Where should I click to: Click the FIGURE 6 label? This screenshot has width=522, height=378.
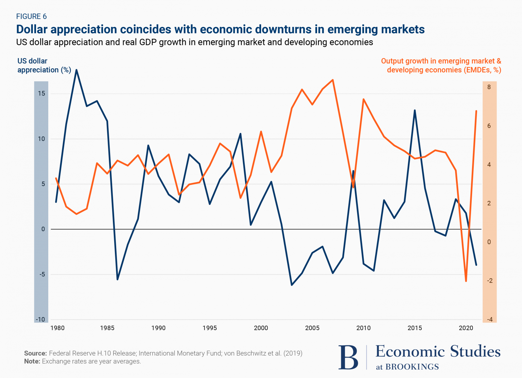(x=31, y=16)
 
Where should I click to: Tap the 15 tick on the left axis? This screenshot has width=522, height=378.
(x=41, y=93)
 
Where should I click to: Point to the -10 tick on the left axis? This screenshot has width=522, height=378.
(x=40, y=320)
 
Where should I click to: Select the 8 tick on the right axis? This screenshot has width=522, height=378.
(x=489, y=87)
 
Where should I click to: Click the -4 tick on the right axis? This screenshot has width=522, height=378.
(x=489, y=320)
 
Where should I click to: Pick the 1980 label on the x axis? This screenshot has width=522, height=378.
(x=57, y=328)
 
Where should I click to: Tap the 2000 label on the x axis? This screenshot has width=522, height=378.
(x=261, y=328)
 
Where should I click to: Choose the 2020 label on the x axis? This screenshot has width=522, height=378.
(x=466, y=328)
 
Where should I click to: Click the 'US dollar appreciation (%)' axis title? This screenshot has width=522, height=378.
(x=44, y=65)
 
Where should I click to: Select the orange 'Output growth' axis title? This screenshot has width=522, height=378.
(x=441, y=65)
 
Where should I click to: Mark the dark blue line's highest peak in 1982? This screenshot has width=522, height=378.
(x=76, y=70)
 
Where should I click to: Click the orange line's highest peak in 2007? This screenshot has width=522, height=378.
(x=333, y=80)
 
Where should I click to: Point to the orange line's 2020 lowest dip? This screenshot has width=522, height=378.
(x=466, y=281)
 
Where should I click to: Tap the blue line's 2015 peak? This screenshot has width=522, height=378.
(x=415, y=110)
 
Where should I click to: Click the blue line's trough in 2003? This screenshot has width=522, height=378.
(x=292, y=285)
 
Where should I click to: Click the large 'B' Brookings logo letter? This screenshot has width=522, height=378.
(x=348, y=357)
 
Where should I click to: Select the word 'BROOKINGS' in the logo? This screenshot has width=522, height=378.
(x=412, y=367)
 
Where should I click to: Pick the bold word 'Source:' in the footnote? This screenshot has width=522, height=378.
(x=35, y=353)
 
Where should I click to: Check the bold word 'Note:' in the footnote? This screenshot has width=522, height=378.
(x=32, y=361)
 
